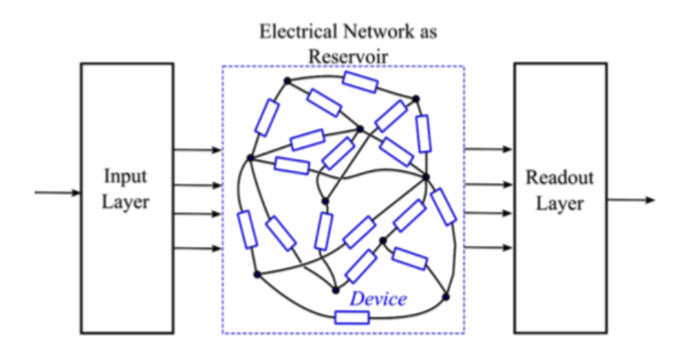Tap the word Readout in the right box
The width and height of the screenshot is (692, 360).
pos(559,179)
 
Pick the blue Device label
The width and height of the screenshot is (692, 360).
pos(378,299)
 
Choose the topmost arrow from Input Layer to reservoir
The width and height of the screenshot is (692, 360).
pos(197,150)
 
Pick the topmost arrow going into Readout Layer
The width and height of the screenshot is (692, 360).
pos(488,149)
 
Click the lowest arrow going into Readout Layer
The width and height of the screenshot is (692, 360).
pos(488,248)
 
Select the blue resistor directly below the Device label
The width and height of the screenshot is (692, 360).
pos(351,318)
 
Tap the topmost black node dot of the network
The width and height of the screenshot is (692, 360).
pos(288,80)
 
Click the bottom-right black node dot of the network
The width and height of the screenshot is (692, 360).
pos(445,297)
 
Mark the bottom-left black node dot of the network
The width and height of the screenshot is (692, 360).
pos(257,275)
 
